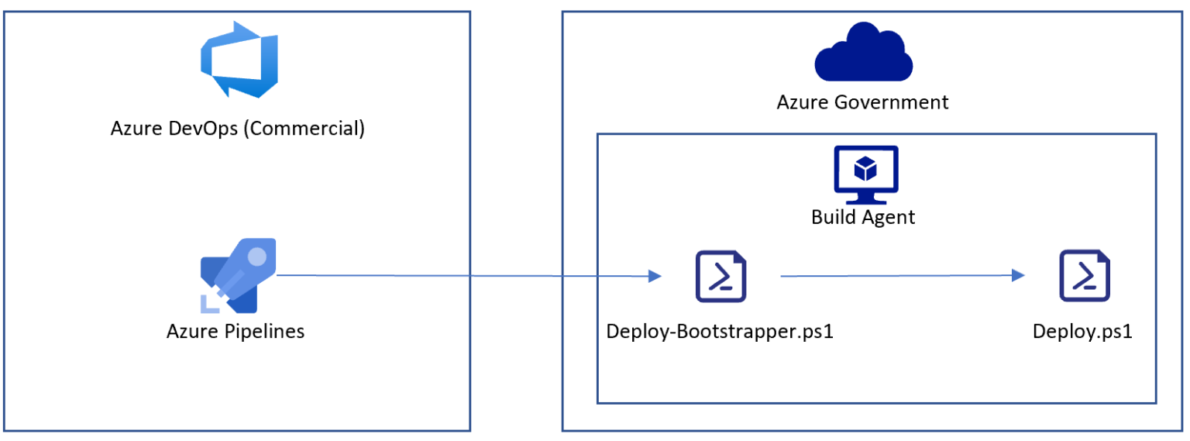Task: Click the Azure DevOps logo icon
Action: click(x=239, y=60)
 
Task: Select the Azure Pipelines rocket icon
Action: click(x=239, y=275)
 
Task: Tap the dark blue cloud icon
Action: click(x=863, y=52)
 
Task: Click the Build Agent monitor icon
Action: click(x=866, y=175)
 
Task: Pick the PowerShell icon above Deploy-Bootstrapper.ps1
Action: click(x=721, y=276)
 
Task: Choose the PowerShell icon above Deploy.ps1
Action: click(x=1085, y=276)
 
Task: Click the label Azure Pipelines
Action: click(x=236, y=332)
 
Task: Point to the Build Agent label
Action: click(x=863, y=217)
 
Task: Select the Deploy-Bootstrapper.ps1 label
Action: click(x=720, y=332)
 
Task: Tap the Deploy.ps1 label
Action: click(x=1082, y=332)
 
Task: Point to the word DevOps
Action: click(x=203, y=129)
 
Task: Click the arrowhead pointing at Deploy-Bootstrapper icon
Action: click(x=655, y=276)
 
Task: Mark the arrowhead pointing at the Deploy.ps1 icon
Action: click(x=1019, y=275)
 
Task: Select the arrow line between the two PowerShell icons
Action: click(x=903, y=276)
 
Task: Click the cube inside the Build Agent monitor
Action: click(x=865, y=168)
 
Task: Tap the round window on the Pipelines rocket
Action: click(x=257, y=257)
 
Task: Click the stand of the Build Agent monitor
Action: click(x=866, y=198)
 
